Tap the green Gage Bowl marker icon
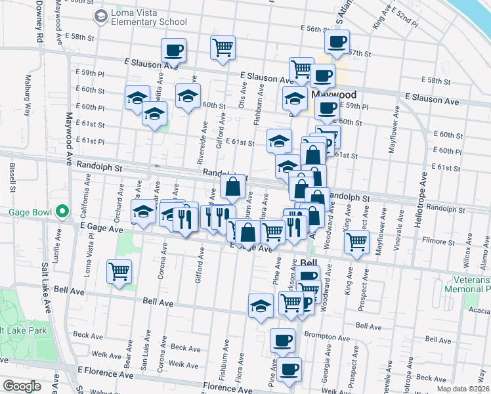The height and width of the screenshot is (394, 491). tap(62, 211)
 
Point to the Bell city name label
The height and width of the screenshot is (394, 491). tap(309, 262)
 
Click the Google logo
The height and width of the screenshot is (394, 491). tap(22, 386)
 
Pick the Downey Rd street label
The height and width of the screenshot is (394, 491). tap(39, 22)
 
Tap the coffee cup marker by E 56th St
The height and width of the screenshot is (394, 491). tap(337, 41)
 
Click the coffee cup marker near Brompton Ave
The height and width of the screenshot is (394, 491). tap(283, 340)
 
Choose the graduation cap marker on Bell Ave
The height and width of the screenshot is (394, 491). tap(261, 305)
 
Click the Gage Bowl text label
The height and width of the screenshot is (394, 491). tap(30, 212)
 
